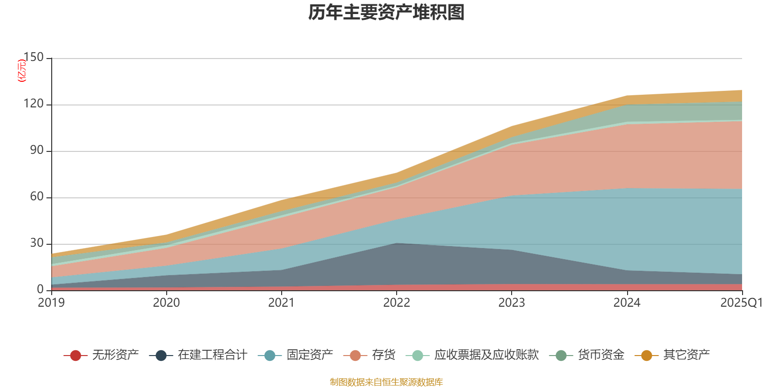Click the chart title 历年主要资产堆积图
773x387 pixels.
point(386,13)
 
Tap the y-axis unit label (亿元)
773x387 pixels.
point(22,71)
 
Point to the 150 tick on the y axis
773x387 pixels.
point(33,57)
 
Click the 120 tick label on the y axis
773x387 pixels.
point(33,104)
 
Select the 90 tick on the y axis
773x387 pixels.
point(36,150)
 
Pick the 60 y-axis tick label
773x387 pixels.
point(36,196)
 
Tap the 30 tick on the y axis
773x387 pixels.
point(36,243)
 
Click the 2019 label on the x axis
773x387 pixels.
point(51,303)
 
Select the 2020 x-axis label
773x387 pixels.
point(166,303)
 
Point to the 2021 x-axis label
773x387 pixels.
point(281,303)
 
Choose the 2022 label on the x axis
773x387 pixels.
point(396,303)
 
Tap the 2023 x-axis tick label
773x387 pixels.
point(512,303)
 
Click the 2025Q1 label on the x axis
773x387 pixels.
point(741,303)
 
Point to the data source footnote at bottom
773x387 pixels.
point(386,382)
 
